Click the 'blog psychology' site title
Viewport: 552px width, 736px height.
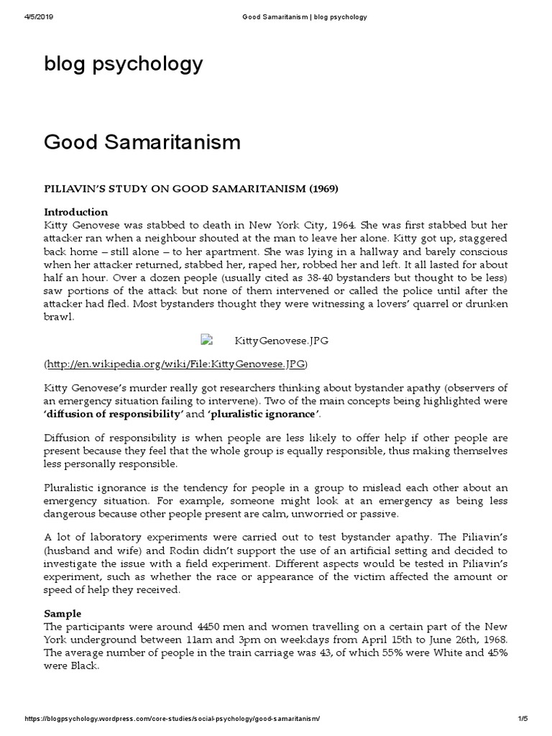point(123,65)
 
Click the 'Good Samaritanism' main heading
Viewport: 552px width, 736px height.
point(142,142)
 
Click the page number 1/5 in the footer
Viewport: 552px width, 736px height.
point(523,719)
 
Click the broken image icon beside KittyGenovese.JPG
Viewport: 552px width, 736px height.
point(206,339)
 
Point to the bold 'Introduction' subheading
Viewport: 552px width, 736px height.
point(76,212)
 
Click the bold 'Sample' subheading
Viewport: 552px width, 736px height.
point(63,614)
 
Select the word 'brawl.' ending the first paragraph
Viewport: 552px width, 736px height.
point(60,317)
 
